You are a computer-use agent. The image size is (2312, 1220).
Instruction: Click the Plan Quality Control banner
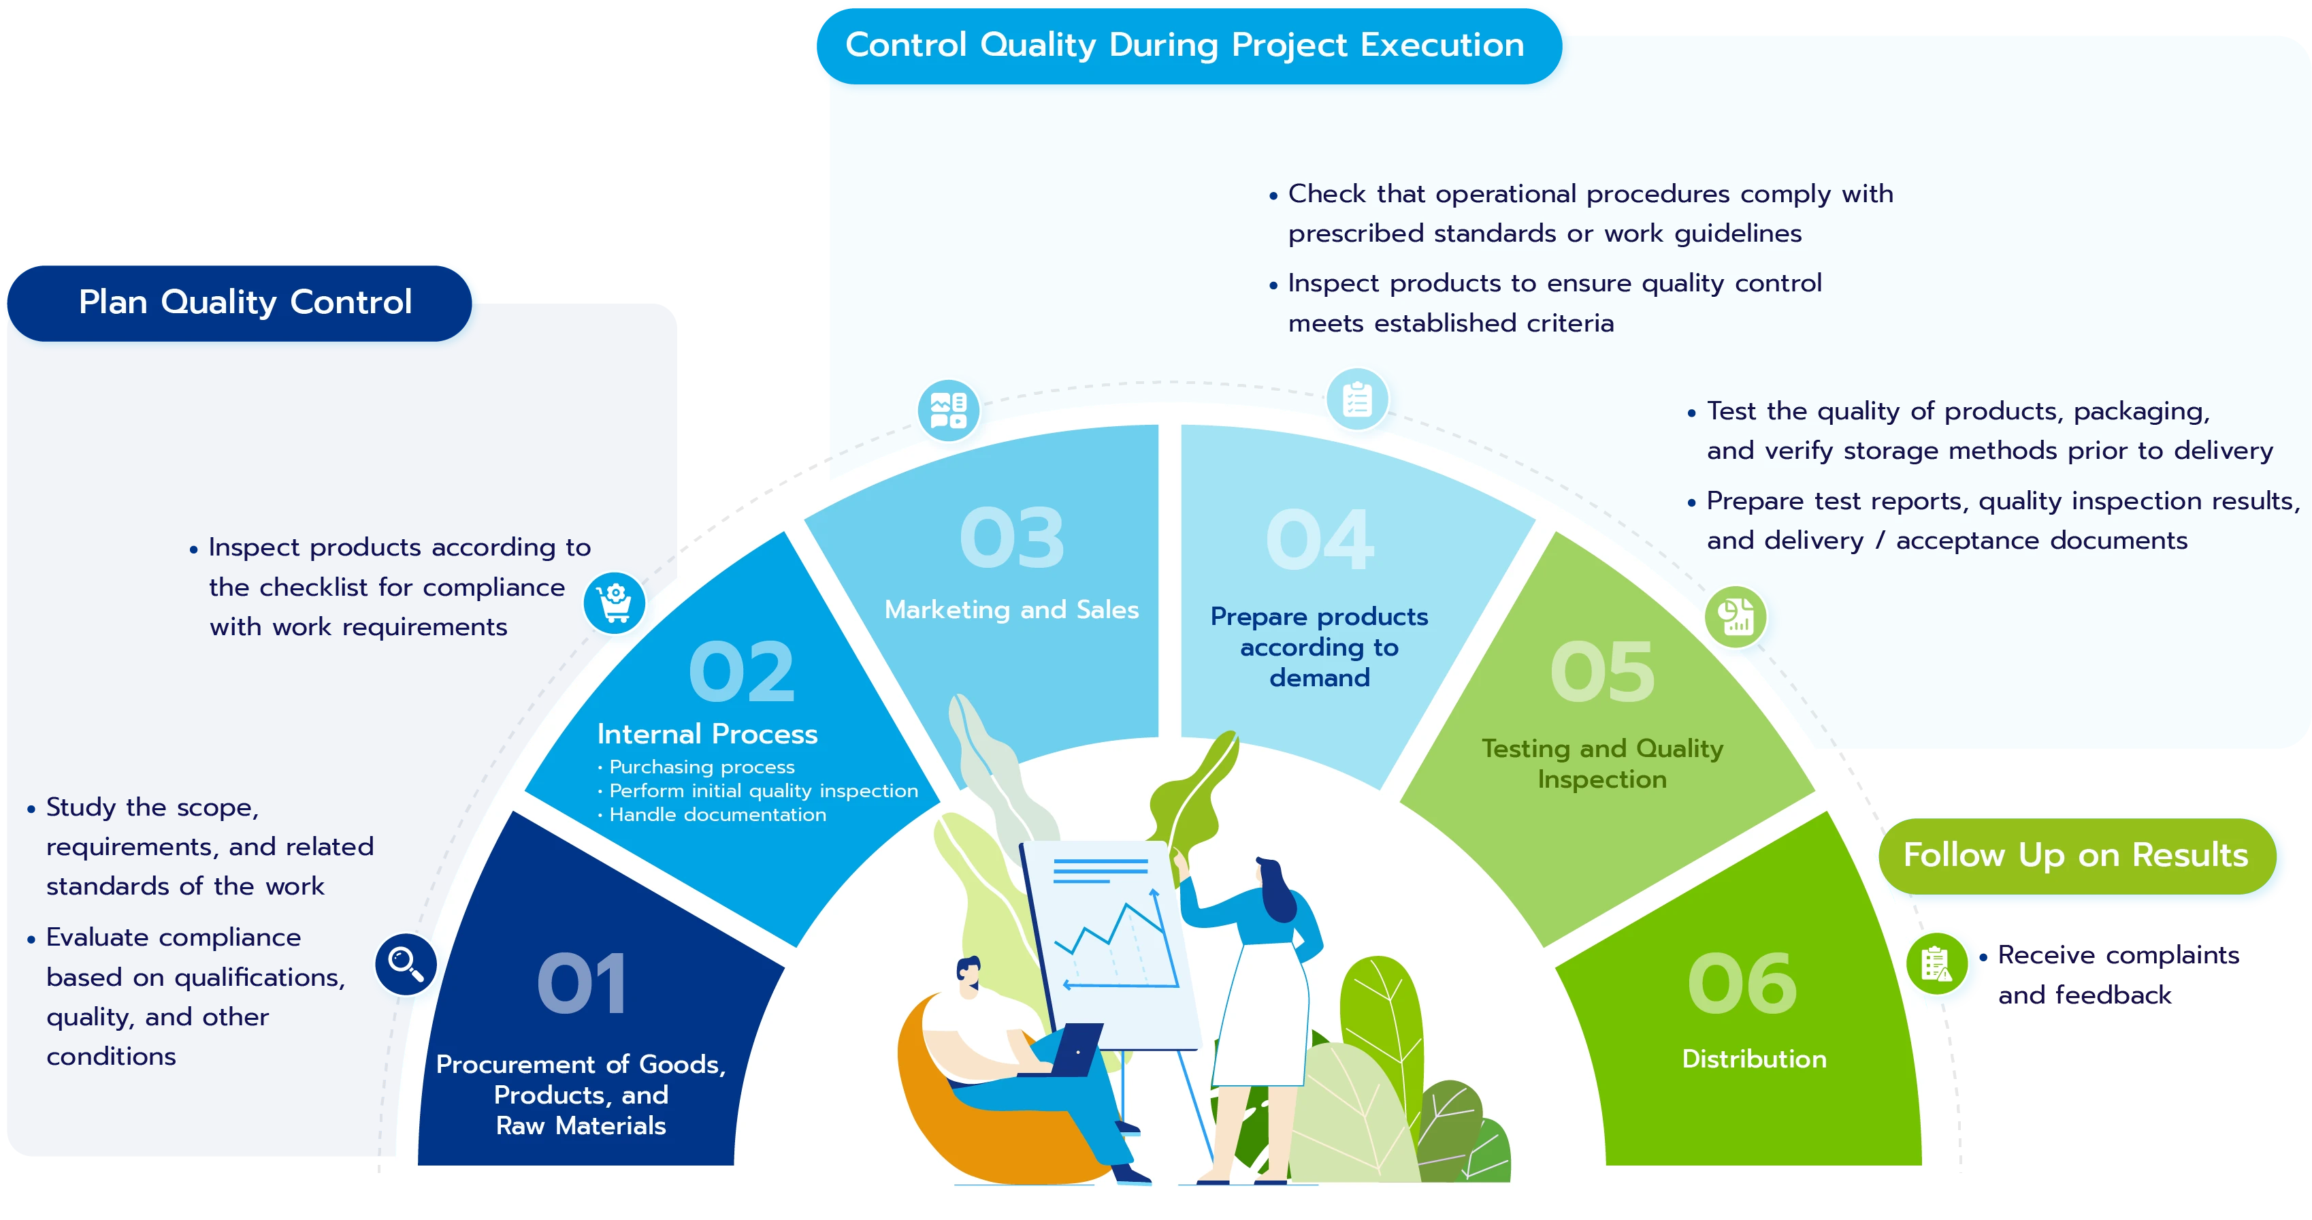[240, 304]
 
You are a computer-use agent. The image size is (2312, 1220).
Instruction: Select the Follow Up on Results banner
[2077, 856]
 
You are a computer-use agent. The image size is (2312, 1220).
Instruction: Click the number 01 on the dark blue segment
[582, 984]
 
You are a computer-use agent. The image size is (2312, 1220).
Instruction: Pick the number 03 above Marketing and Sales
[1011, 538]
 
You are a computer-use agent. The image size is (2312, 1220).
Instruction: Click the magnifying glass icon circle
[406, 964]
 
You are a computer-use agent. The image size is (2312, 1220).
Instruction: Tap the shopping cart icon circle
[614, 603]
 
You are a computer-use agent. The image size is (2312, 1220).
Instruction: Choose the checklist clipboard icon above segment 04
[1357, 400]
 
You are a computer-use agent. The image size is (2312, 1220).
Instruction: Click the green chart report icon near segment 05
[1735, 617]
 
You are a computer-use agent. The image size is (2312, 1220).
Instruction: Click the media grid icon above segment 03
[948, 411]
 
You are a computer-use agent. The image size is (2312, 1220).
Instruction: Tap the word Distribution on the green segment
[1754, 1059]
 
